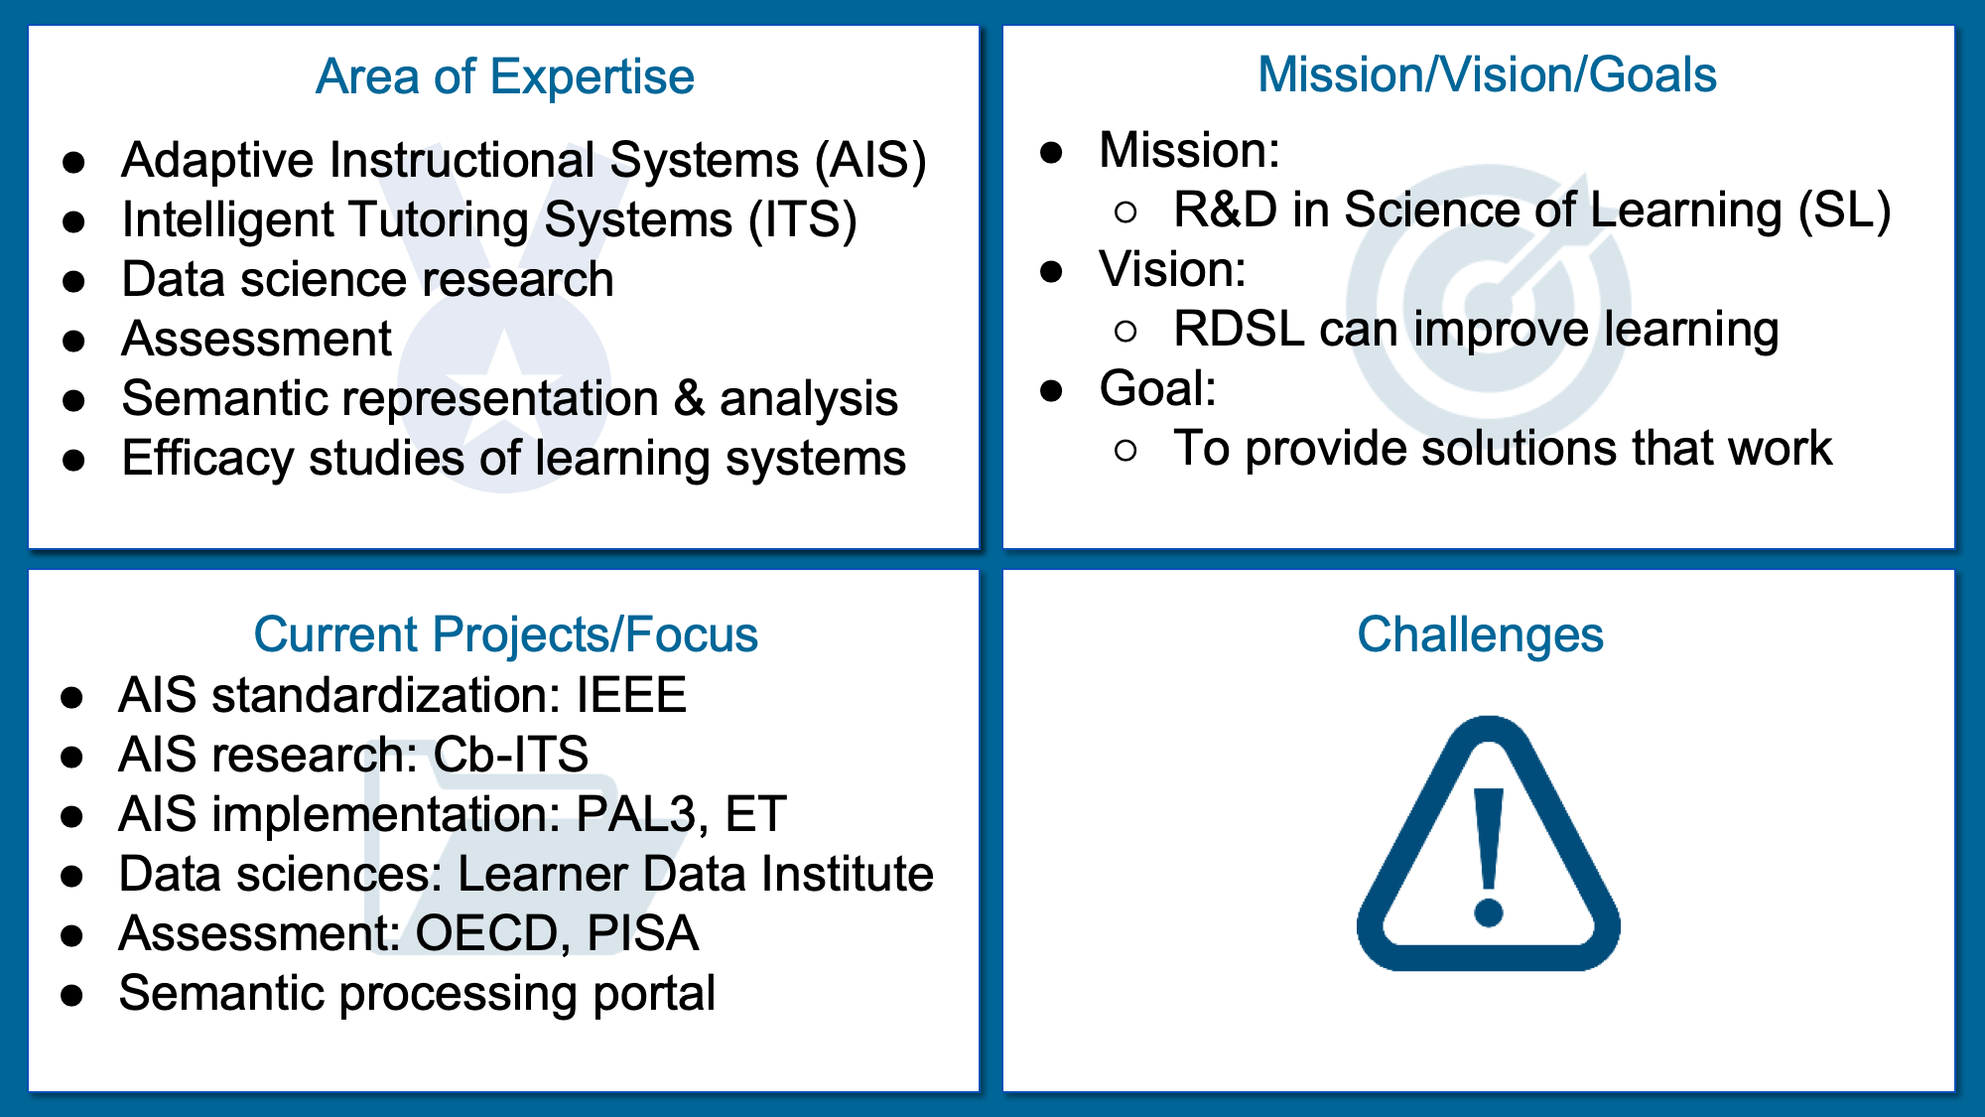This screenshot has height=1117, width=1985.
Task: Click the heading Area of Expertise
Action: (x=505, y=76)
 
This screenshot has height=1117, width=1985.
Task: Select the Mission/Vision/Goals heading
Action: (x=1487, y=75)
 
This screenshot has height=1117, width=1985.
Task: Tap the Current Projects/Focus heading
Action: (x=505, y=635)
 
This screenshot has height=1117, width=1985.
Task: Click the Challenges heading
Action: (x=1480, y=635)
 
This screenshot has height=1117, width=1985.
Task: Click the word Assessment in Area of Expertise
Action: (x=256, y=340)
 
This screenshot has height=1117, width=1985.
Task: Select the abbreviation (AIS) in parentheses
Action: (x=870, y=161)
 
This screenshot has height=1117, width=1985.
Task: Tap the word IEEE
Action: (x=631, y=695)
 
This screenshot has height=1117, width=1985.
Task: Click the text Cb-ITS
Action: (x=511, y=755)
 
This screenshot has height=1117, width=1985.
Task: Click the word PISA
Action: (x=643, y=933)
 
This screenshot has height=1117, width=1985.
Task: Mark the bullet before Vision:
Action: (x=1052, y=271)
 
